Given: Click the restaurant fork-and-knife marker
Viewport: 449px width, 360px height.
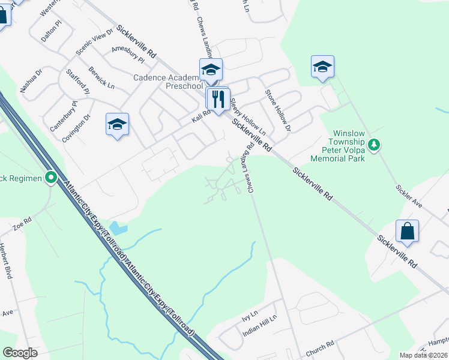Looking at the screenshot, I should (218, 98).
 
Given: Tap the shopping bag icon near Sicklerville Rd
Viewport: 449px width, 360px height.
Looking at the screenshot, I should (407, 231).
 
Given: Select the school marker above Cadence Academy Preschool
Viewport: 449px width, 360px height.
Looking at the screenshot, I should (211, 70).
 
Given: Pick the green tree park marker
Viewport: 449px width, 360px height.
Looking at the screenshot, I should (374, 145).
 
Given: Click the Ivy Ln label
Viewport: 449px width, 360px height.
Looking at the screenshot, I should (249, 314).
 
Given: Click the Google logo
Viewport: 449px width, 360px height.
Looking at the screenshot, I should (20, 353).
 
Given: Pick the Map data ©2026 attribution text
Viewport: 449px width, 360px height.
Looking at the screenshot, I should (423, 355).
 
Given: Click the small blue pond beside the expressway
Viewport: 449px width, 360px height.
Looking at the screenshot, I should (118, 228).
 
